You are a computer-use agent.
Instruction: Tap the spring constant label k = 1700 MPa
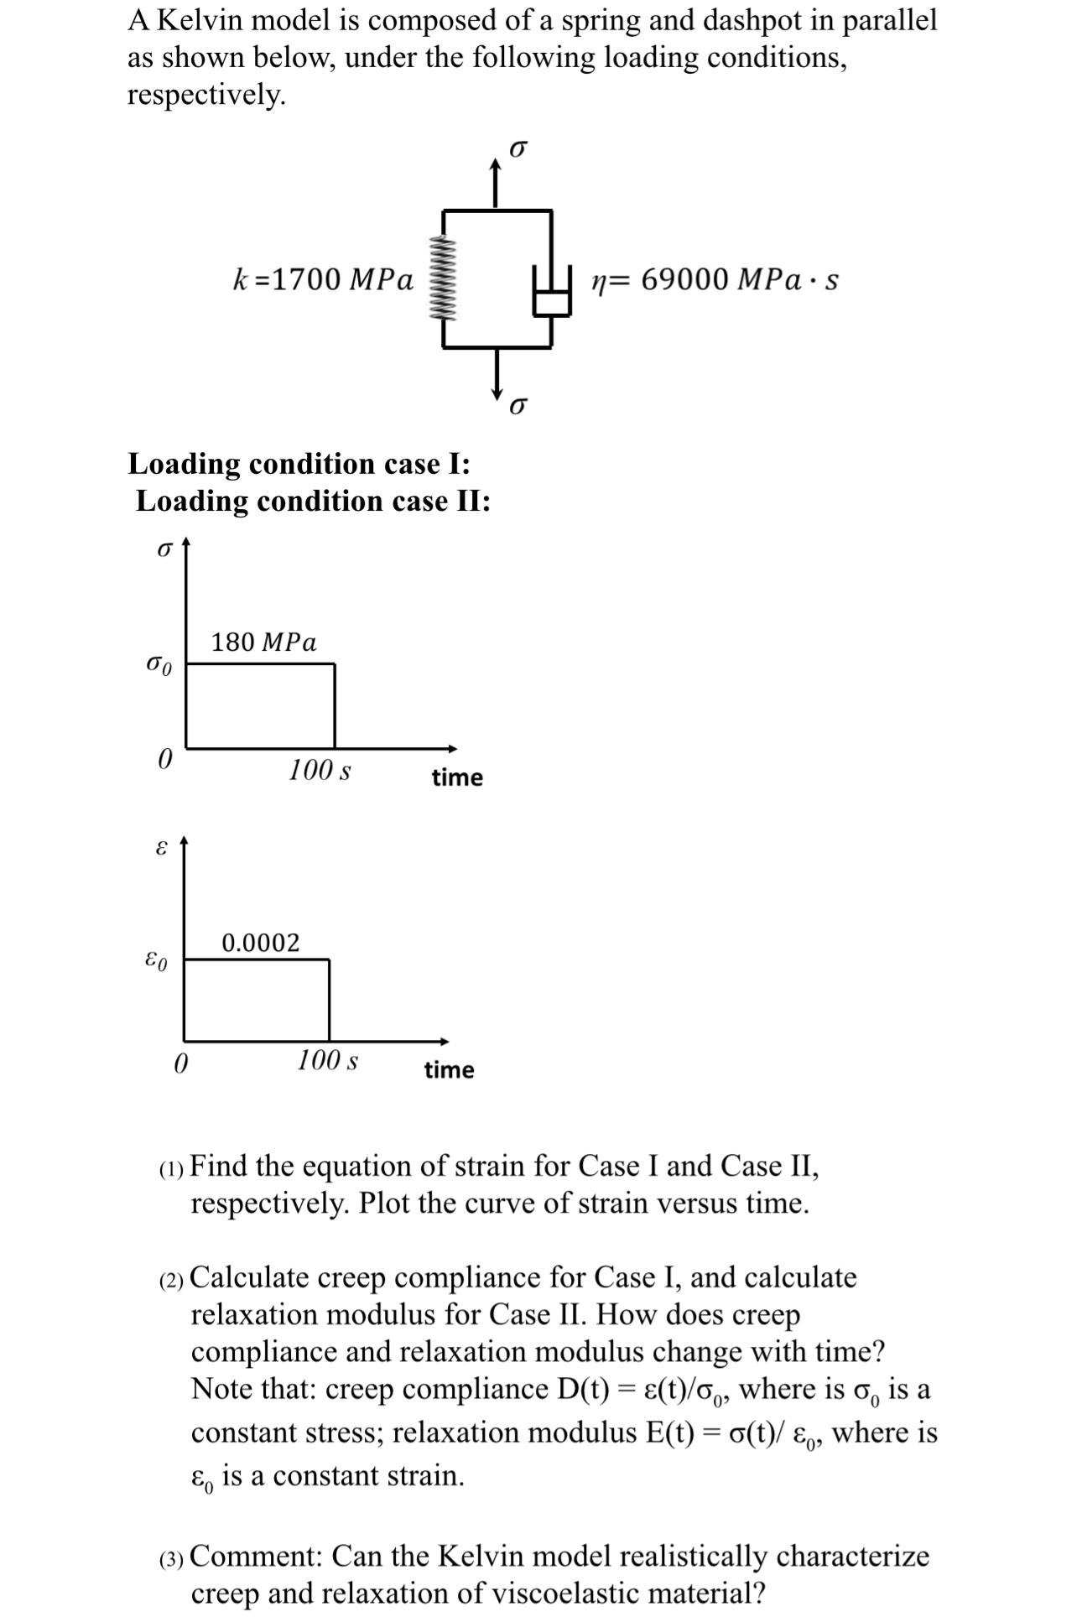click(323, 278)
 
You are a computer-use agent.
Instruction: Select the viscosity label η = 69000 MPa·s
click(714, 279)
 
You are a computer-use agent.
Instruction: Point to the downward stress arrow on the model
click(497, 376)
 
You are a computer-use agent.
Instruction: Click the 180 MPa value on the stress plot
click(264, 642)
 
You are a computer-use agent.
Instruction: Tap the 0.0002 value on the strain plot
click(260, 943)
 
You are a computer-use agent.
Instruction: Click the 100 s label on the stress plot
click(320, 769)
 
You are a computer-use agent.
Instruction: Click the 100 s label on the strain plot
click(327, 1060)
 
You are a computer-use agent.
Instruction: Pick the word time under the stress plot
click(457, 777)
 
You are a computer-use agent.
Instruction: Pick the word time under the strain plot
click(449, 1070)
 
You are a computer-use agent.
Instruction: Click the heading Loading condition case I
click(299, 463)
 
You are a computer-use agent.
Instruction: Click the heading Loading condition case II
click(313, 501)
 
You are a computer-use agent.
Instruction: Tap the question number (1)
click(171, 1168)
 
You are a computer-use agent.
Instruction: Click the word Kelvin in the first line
click(200, 21)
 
